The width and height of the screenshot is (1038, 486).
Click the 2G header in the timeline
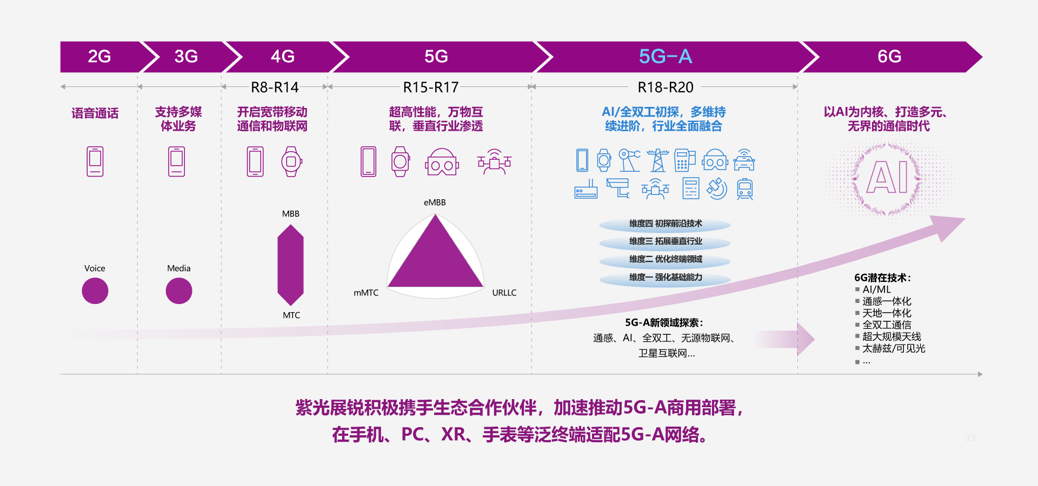(x=99, y=56)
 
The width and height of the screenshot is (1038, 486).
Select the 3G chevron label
(x=186, y=56)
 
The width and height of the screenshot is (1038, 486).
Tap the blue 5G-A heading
(x=666, y=56)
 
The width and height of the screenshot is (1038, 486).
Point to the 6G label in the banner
(x=889, y=56)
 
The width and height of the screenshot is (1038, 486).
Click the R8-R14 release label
(x=275, y=87)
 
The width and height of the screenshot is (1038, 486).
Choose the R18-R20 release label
(x=666, y=87)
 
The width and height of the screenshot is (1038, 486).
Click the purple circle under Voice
(x=95, y=291)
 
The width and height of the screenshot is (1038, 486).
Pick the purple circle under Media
(x=179, y=291)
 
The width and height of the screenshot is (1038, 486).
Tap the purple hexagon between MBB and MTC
(x=290, y=265)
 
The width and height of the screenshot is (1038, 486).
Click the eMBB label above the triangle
(x=435, y=202)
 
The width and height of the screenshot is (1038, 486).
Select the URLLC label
(x=504, y=293)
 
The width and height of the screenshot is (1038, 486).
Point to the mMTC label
(x=366, y=293)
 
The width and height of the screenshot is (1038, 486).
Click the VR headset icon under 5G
(x=442, y=162)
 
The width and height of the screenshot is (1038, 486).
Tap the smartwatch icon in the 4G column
(x=291, y=161)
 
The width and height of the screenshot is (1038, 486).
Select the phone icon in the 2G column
(x=95, y=161)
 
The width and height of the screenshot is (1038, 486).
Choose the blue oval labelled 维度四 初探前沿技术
(x=665, y=224)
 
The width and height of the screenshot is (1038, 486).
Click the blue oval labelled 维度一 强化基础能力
(x=665, y=278)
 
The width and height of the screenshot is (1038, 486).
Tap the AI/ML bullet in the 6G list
(x=876, y=289)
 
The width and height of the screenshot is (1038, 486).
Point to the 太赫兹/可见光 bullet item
(x=893, y=349)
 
